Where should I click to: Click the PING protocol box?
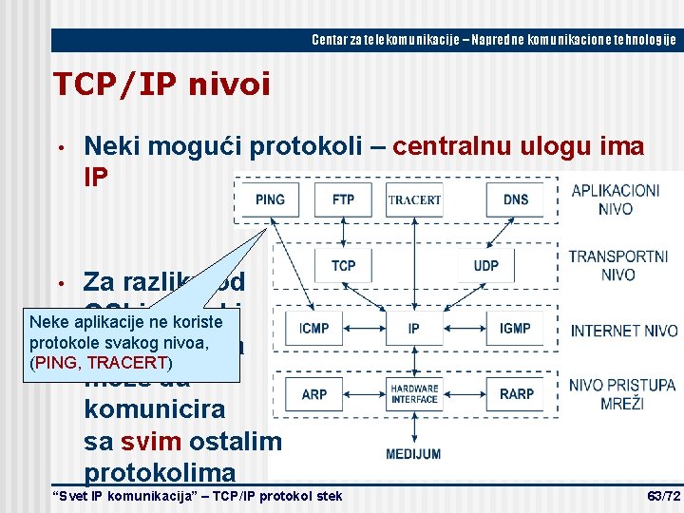(x=271, y=199)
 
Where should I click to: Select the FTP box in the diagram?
(x=344, y=199)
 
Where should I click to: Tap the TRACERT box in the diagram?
(x=414, y=199)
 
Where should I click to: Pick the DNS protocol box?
(x=516, y=199)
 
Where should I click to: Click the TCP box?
(x=344, y=266)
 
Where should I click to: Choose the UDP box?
(x=486, y=266)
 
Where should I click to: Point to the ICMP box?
(x=313, y=329)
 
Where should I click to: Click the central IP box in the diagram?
(x=414, y=329)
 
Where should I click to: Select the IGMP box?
(x=515, y=329)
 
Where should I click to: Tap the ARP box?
(x=313, y=393)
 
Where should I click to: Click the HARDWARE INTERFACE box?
(x=414, y=393)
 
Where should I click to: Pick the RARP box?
(x=515, y=393)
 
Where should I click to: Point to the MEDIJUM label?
(x=413, y=454)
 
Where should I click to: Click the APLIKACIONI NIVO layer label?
(x=616, y=199)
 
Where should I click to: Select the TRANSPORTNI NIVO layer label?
(x=618, y=265)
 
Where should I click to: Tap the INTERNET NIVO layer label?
(x=624, y=331)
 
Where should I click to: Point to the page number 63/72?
(x=663, y=497)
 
